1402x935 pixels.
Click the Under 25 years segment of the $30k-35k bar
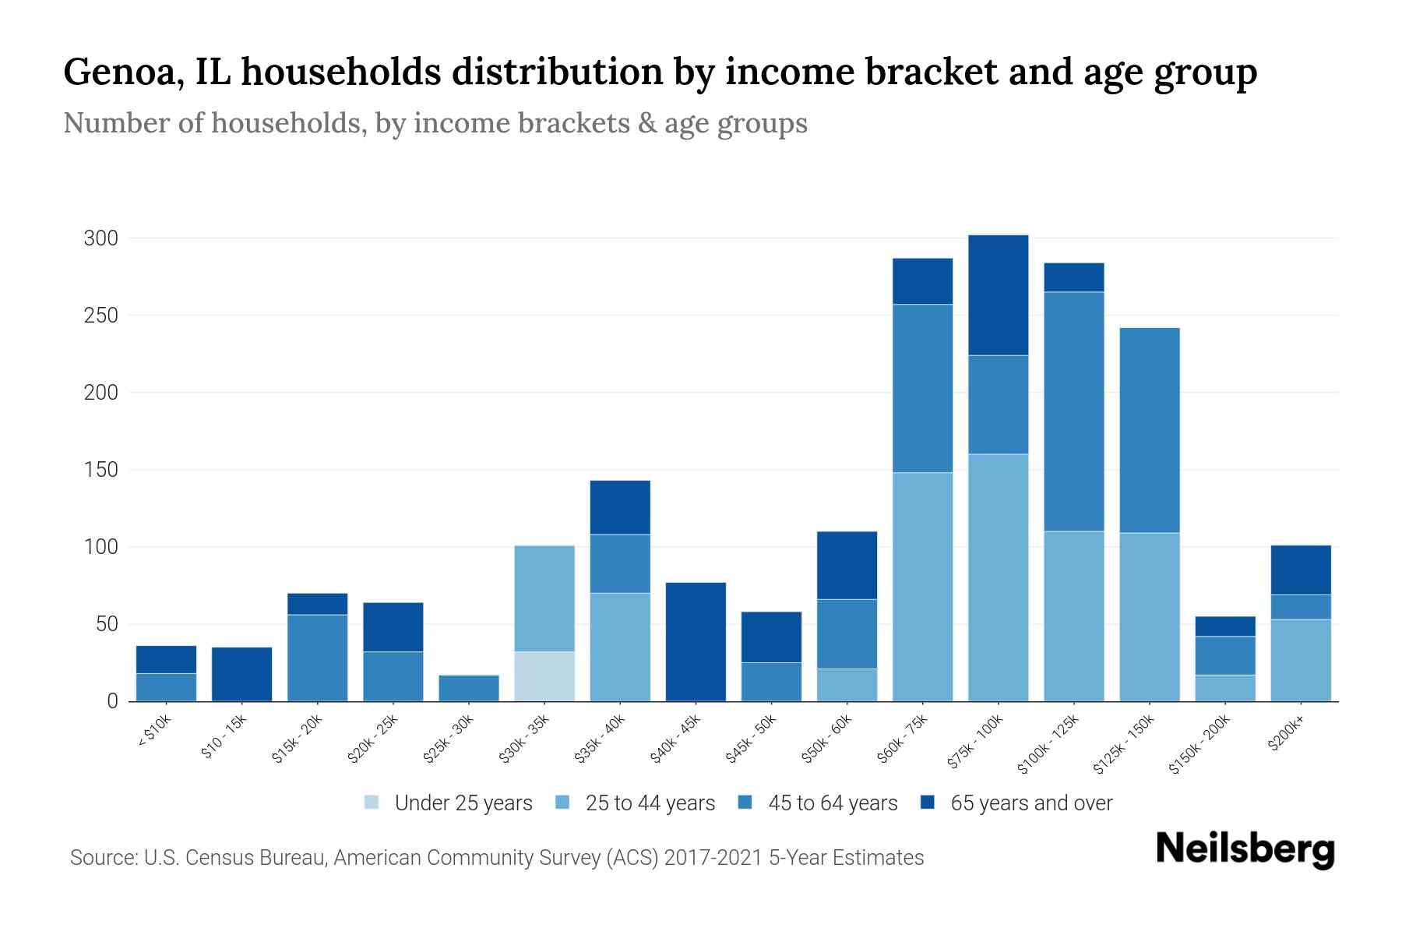tap(544, 676)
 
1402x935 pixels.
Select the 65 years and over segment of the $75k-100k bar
tap(998, 295)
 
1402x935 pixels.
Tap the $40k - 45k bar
tap(696, 642)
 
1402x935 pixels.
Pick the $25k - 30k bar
tap(469, 688)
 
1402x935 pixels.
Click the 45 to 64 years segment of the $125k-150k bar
tap(1149, 430)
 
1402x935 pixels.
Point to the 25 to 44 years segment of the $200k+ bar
tap(1300, 660)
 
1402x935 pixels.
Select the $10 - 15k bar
tap(241, 674)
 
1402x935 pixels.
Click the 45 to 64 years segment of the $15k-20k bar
tap(317, 658)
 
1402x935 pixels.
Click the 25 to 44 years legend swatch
tap(562, 803)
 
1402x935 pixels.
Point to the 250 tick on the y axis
tap(100, 316)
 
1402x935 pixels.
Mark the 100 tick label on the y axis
tap(100, 547)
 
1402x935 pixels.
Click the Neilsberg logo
tap(1245, 849)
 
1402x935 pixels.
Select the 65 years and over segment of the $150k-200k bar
tap(1224, 626)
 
